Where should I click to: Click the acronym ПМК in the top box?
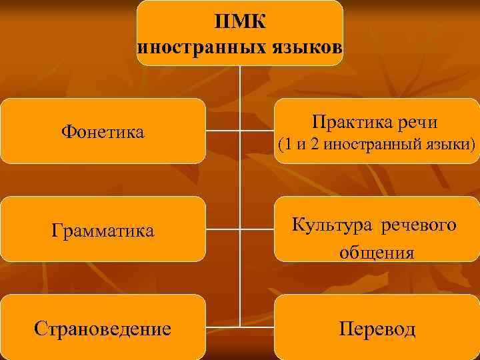click(240, 22)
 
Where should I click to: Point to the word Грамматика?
click(103, 231)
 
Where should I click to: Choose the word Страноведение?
click(103, 329)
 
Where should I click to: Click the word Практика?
click(348, 122)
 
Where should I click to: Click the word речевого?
click(419, 225)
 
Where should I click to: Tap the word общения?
click(377, 253)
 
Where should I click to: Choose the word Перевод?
click(377, 329)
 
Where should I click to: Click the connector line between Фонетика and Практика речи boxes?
click(240, 131)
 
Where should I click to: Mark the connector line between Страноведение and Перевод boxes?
click(240, 327)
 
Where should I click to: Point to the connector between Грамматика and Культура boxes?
click(240, 229)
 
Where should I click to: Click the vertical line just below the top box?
click(240, 80)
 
